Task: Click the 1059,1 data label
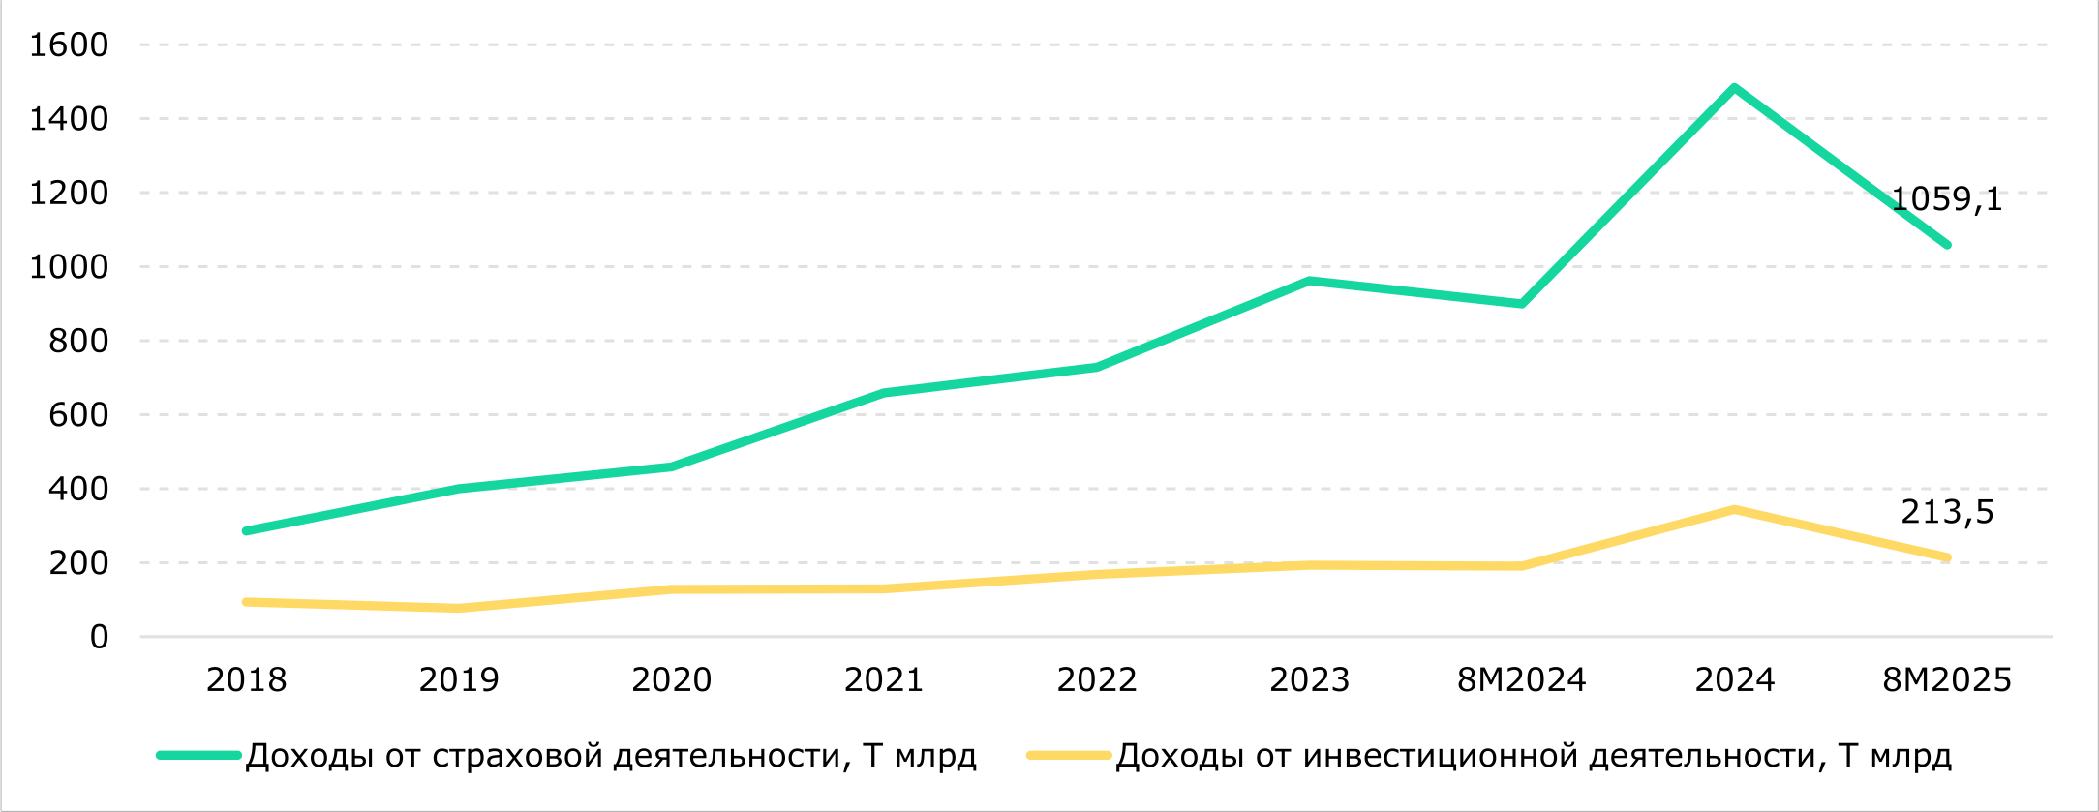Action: (x=1946, y=199)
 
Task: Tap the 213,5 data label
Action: (x=1947, y=512)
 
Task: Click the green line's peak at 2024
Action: (x=1734, y=88)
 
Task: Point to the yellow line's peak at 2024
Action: (x=1734, y=510)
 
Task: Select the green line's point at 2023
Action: (x=1309, y=282)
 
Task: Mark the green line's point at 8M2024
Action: (x=1522, y=304)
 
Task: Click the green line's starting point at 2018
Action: (x=246, y=531)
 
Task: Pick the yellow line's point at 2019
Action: (x=459, y=609)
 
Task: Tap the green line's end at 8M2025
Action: (x=1947, y=245)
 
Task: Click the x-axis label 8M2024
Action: (x=1521, y=680)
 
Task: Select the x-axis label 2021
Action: (x=883, y=680)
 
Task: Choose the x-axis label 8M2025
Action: (x=1947, y=680)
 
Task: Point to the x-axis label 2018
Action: (x=246, y=680)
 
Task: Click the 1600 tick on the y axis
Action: (x=69, y=45)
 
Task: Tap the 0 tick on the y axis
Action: (x=99, y=637)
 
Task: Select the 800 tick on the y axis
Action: (x=78, y=341)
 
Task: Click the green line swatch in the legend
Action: (x=198, y=755)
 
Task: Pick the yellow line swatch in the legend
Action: (x=1068, y=755)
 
